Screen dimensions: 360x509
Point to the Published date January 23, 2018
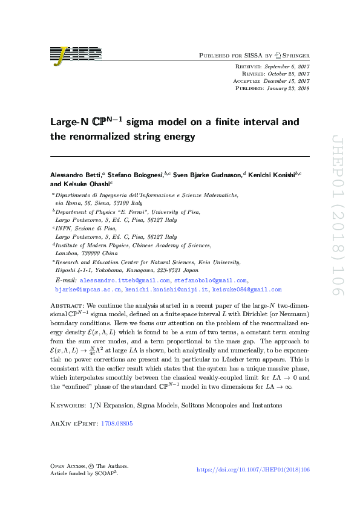tap(286, 88)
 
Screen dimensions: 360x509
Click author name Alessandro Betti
tap(76, 174)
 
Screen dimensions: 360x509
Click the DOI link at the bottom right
tap(254, 470)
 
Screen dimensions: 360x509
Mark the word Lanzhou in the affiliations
tap(70, 254)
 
